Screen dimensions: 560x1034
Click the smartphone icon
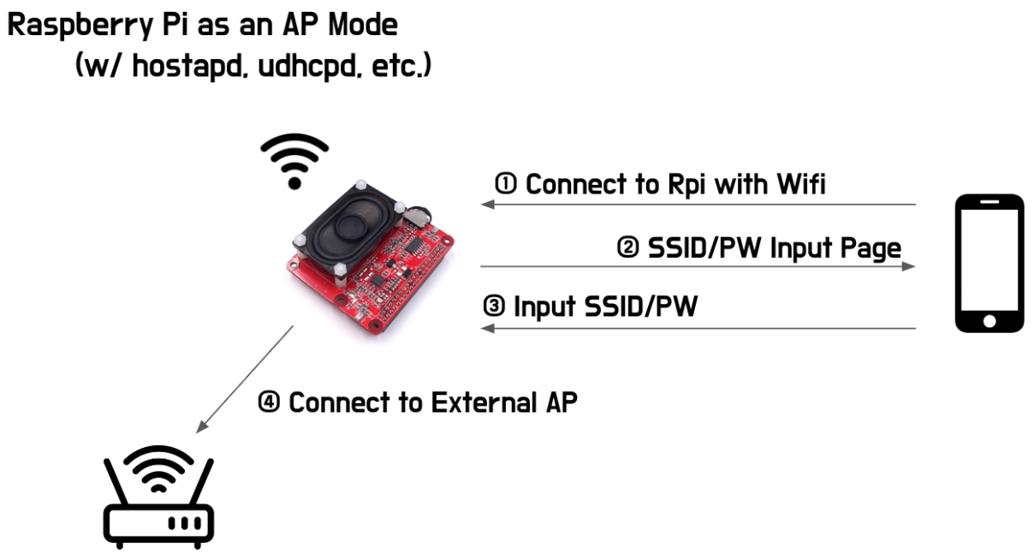click(x=989, y=263)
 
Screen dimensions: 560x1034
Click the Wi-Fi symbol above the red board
click(x=294, y=160)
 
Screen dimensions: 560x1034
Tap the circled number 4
click(x=270, y=402)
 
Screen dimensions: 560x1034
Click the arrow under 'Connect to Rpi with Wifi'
click(x=698, y=205)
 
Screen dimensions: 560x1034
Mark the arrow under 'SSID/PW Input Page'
click(x=698, y=266)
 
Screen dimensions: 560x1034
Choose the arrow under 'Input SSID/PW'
click(x=698, y=328)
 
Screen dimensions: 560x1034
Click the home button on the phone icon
click(x=989, y=322)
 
